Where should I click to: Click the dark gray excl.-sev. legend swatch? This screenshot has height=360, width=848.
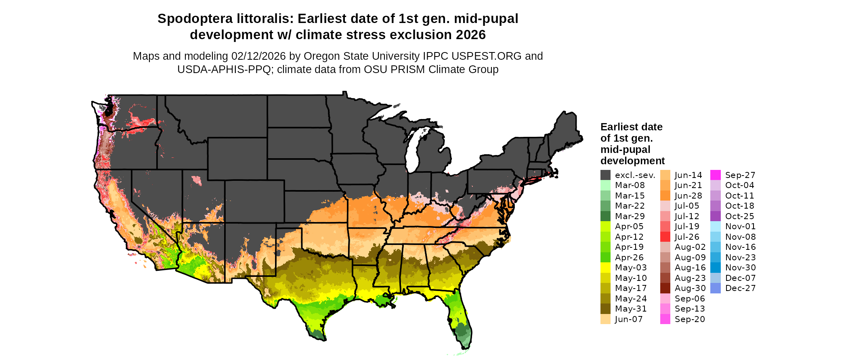[x=605, y=175]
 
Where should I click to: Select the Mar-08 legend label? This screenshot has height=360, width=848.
[x=630, y=185]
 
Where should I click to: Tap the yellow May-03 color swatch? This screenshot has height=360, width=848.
[x=605, y=268]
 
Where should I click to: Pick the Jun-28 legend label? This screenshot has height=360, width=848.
[x=688, y=196]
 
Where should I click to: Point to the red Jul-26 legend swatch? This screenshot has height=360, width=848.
[x=665, y=237]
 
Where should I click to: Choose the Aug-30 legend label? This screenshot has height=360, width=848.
[x=690, y=288]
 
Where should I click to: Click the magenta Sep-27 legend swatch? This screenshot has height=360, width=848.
[x=715, y=175]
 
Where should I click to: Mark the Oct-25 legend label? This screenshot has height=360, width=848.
[x=739, y=216]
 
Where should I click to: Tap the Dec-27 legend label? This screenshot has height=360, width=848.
[x=740, y=288]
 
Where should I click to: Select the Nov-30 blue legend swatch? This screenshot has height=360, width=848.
[x=715, y=268]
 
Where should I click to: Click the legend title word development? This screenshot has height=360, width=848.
[x=632, y=161]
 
